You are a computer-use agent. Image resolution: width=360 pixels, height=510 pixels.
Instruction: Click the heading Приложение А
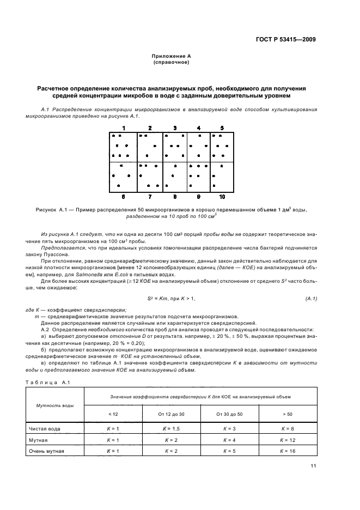(171, 56)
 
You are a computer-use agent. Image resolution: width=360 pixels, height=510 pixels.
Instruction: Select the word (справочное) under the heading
(171, 62)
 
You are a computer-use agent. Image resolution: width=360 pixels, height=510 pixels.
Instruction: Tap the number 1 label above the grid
(124, 128)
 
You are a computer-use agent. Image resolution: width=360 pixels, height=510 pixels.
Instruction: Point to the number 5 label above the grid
(222, 128)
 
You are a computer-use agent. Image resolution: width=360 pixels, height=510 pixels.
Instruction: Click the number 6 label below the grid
(124, 196)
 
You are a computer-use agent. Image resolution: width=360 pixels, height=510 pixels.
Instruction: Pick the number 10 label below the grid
(222, 196)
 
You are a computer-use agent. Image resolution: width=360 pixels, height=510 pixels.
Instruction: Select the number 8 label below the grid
(175, 196)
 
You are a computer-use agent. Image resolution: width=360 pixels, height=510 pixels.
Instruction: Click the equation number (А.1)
(311, 299)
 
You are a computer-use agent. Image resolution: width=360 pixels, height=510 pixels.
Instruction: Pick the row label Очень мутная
(50, 451)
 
